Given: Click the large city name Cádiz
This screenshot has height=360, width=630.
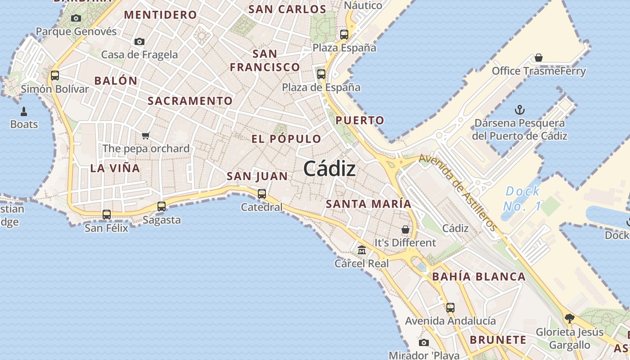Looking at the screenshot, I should click(x=329, y=169).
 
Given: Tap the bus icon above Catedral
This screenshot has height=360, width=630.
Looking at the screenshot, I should click(x=261, y=194).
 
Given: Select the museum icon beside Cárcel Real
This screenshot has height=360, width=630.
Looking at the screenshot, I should click(x=362, y=250).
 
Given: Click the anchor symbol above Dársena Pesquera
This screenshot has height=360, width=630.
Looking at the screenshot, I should click(x=520, y=109).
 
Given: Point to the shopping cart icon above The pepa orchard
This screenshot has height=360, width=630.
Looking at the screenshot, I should click(x=145, y=135).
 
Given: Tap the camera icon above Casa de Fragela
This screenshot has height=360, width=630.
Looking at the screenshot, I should click(x=139, y=41).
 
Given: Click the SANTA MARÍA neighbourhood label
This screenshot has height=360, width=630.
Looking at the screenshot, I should click(x=369, y=204).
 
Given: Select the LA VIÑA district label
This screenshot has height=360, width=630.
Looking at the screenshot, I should click(x=115, y=168).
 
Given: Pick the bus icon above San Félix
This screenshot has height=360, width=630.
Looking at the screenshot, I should click(x=107, y=215).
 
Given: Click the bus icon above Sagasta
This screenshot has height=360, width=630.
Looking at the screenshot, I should click(x=162, y=207).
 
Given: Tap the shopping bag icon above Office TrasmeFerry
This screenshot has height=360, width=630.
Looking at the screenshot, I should click(x=539, y=58).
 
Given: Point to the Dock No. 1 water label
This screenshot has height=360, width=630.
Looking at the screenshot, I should click(x=522, y=198).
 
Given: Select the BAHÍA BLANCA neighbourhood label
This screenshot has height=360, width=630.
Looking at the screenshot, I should click(x=479, y=277).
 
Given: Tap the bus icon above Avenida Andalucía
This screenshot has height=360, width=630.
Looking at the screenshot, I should click(x=450, y=308).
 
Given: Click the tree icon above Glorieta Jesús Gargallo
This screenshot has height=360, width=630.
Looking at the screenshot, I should click(x=570, y=319).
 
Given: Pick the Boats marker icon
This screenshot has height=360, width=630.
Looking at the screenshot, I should click(x=24, y=111).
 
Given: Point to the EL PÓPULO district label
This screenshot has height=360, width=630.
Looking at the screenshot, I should click(x=286, y=139).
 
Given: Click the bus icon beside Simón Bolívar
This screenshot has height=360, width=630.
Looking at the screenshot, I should click(x=55, y=76).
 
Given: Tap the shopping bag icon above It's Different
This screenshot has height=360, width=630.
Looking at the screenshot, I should click(x=405, y=229).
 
